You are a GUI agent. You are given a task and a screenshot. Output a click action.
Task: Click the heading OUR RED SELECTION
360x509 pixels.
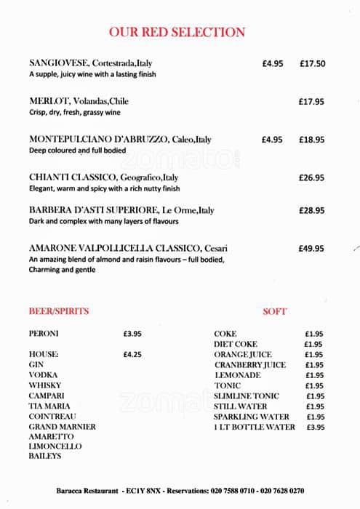[x=177, y=32]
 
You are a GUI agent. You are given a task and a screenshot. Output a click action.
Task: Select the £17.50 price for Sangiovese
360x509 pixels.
[x=312, y=63]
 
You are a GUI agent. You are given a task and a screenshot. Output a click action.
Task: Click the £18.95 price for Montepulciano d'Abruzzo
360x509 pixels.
[x=312, y=140]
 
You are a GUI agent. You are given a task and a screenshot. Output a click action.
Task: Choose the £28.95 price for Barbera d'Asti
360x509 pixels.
[x=312, y=210]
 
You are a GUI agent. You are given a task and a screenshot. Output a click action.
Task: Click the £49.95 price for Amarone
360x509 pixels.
[x=312, y=248]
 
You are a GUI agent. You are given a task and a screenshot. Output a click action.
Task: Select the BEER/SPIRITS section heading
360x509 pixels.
[x=58, y=311]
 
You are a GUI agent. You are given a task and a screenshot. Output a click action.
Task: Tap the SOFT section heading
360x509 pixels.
[x=274, y=311]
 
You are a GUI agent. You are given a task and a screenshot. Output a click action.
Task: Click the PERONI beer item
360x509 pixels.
[x=44, y=334]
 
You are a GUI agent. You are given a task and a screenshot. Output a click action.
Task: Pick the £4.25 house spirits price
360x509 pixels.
[x=132, y=354]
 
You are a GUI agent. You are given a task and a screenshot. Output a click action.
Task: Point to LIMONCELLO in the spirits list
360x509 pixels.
[x=55, y=446]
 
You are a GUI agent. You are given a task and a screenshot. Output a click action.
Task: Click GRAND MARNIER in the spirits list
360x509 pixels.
[x=62, y=426]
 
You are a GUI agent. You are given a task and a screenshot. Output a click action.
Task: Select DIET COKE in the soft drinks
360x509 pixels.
[x=236, y=344]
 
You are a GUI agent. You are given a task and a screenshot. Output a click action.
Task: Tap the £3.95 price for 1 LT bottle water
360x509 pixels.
[x=315, y=427]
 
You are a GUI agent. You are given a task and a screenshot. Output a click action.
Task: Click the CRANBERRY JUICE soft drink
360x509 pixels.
[x=249, y=364]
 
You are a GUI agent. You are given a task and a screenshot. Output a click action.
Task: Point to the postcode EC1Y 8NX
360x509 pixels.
[x=147, y=491]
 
